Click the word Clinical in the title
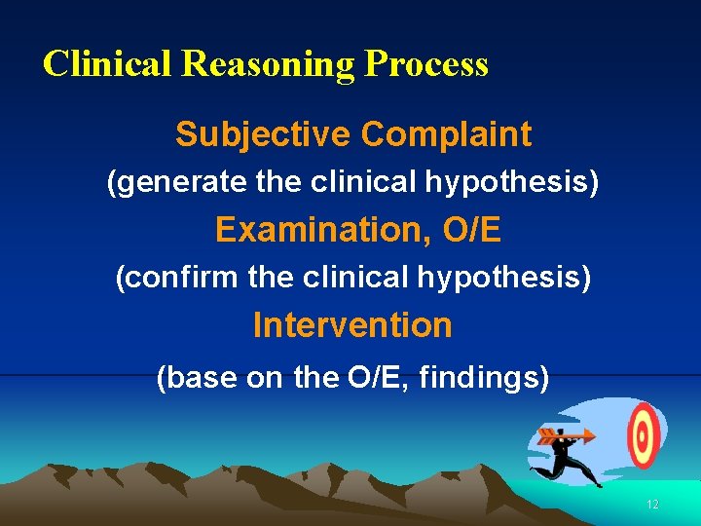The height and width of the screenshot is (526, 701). click(108, 64)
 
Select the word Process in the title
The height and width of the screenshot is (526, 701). click(426, 64)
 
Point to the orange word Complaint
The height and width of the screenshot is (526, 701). click(447, 134)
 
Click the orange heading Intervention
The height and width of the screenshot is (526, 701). click(352, 325)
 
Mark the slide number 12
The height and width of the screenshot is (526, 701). click(652, 505)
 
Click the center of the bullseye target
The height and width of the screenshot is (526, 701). click(643, 434)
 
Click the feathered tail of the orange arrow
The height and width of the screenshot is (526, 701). click(547, 435)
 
